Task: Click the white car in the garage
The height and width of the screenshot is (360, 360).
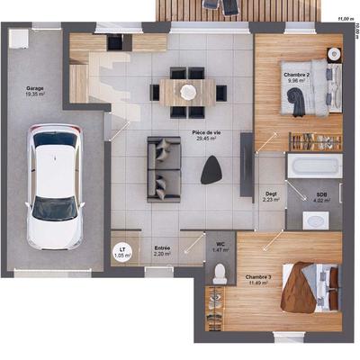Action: click(55, 186)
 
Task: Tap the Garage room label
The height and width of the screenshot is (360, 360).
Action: click(35, 87)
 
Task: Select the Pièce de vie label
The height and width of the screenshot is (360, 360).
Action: click(206, 133)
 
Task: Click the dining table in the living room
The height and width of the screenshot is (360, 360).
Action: click(188, 91)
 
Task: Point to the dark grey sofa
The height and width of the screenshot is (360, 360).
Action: click(163, 168)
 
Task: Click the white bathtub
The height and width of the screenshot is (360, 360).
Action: click(313, 166)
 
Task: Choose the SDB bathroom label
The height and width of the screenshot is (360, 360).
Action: click(321, 193)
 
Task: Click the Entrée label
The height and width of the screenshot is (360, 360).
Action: click(162, 247)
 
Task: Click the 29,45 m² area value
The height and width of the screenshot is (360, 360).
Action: click(207, 139)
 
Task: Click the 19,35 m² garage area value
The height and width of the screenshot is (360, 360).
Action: click(35, 94)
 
